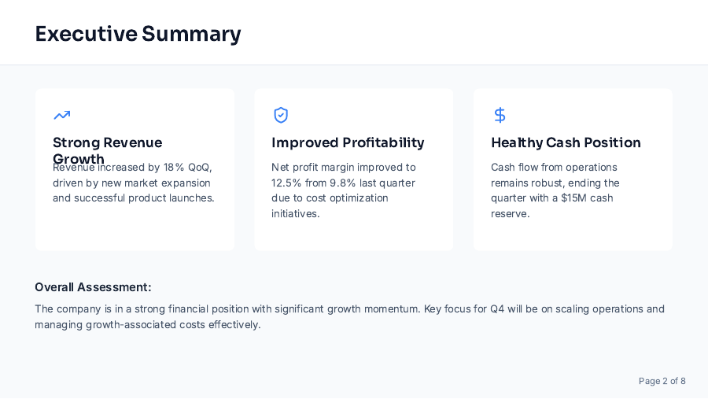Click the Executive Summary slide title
coord(138,34)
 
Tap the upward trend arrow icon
coord(61,116)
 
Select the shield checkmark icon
coord(281,116)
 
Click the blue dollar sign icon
coord(500,116)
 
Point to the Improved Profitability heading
coord(348,142)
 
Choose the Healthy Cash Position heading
coord(566,142)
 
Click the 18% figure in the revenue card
coord(173,168)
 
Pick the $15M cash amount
coord(573,198)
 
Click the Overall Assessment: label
coord(93,287)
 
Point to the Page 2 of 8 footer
coord(662,381)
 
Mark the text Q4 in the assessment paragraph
coord(497,309)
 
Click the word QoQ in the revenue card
coord(199,168)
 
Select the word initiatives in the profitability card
coord(295,213)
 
